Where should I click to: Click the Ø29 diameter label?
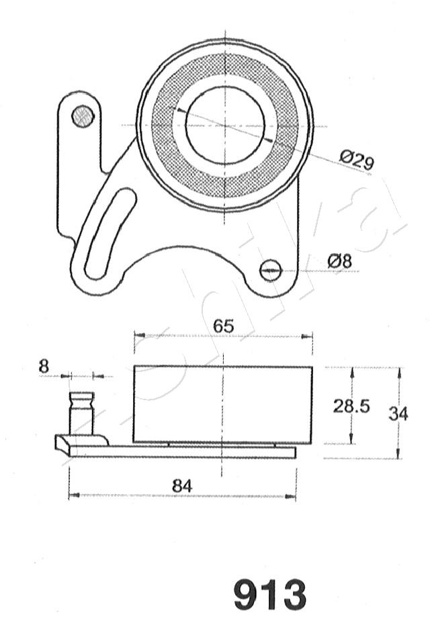(x=356, y=160)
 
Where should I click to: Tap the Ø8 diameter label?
(x=339, y=261)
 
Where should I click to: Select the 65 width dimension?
(x=224, y=326)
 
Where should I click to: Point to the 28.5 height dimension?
(x=351, y=406)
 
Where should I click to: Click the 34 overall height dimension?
(x=398, y=414)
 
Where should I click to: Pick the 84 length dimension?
(x=182, y=486)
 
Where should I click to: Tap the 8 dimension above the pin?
(x=44, y=367)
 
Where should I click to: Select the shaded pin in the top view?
(x=83, y=116)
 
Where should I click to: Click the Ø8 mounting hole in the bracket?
(x=271, y=270)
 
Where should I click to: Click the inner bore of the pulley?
(x=225, y=126)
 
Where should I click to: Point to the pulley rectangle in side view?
(x=223, y=404)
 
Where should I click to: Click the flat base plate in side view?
(x=182, y=452)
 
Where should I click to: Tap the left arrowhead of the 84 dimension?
(x=74, y=495)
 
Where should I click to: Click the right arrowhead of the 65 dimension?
(x=307, y=336)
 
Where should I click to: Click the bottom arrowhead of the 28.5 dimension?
(x=351, y=438)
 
